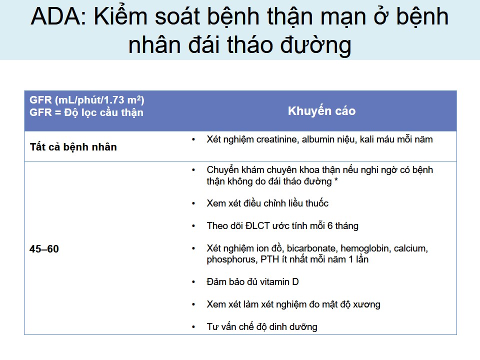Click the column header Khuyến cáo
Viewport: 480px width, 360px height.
tap(321, 111)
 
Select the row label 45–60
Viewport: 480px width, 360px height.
tap(44, 249)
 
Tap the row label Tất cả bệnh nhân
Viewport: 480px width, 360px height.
tap(73, 147)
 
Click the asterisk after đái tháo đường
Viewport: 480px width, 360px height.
tap(336, 180)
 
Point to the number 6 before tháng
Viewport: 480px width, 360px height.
tap(330, 226)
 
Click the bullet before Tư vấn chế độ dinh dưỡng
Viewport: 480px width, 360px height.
tap(193, 327)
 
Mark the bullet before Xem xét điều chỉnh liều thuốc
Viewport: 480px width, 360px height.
tap(193, 203)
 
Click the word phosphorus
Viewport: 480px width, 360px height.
tap(231, 259)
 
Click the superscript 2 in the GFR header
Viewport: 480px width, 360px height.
tap(138, 97)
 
